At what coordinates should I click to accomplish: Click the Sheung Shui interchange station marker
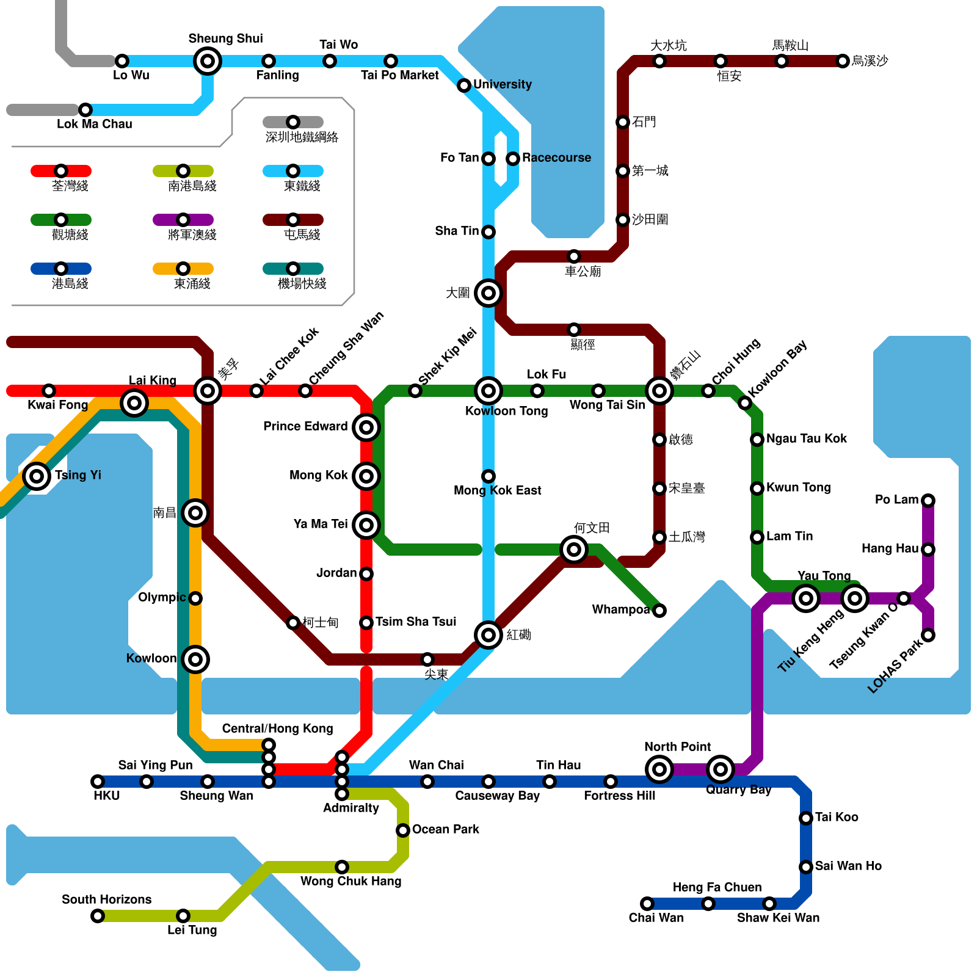coord(208,61)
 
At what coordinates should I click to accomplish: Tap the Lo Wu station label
coord(131,75)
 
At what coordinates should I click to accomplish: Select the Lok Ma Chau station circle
coord(85,110)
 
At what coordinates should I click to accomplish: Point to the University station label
coord(502,84)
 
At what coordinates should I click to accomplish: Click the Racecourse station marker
coord(513,159)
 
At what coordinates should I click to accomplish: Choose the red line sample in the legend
coord(61,171)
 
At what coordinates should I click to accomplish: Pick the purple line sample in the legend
coord(183,220)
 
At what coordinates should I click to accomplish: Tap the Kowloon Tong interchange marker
coord(488,391)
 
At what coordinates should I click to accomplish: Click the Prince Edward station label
coord(305,426)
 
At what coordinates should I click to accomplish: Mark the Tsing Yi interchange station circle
coord(37,476)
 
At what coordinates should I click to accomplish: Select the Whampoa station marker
coord(659,611)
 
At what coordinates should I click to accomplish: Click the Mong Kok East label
coord(497,490)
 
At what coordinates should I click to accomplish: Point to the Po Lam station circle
coord(928,501)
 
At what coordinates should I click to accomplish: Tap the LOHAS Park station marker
coord(928,635)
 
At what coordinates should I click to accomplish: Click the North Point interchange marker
coord(659,769)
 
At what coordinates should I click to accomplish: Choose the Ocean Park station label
coord(445,829)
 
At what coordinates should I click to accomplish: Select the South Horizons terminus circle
coord(98,916)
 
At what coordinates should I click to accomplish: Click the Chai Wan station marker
coord(647,904)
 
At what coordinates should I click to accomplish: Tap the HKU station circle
coord(98,782)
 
